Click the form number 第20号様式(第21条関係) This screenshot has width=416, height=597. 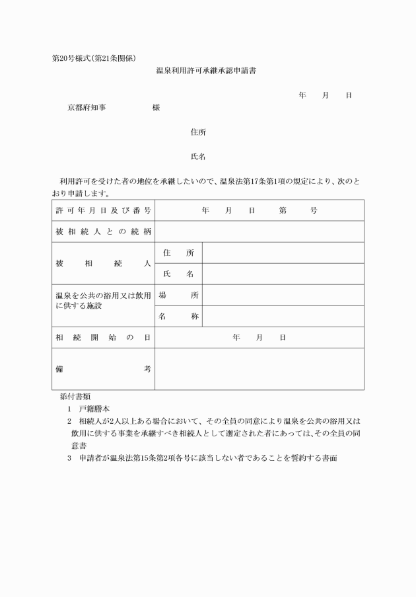click(94, 58)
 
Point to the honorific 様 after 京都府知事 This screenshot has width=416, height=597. click(156, 107)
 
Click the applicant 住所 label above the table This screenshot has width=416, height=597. click(198, 132)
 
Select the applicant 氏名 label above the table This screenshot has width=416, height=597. click(198, 157)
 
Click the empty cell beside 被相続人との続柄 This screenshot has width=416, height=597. click(259, 231)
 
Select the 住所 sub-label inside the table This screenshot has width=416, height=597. click(178, 253)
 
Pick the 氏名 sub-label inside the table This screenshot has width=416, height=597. click(178, 274)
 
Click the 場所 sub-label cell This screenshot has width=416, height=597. click(178, 295)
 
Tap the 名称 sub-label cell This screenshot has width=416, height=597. click(178, 316)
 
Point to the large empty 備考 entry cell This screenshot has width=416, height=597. click(259, 368)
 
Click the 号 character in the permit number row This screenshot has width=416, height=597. click(314, 210)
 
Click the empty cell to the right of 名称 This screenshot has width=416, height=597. click(283, 316)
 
